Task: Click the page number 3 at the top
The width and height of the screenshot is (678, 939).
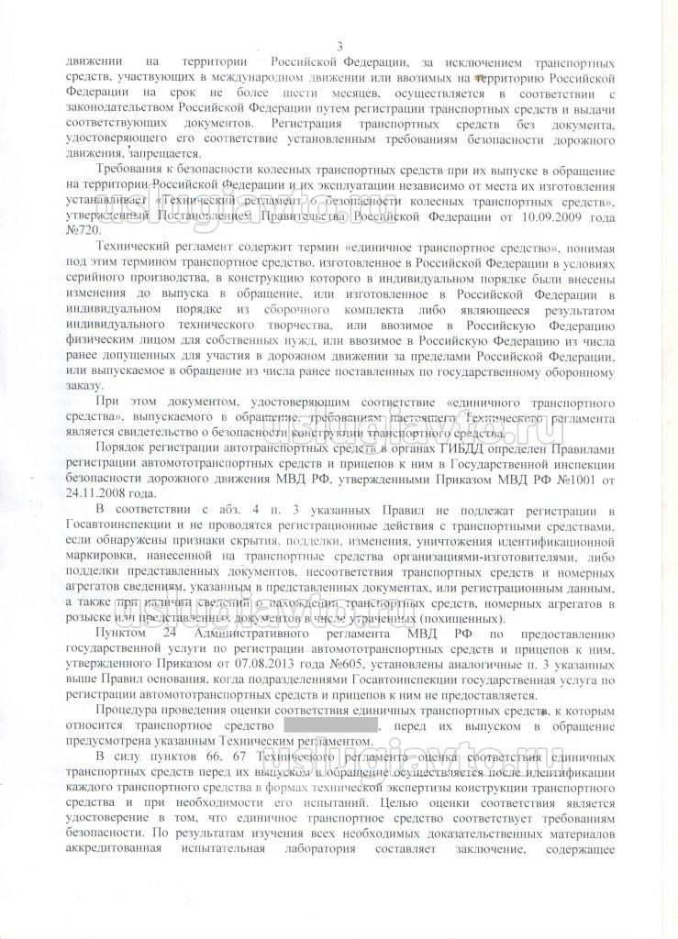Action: pos(339,47)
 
